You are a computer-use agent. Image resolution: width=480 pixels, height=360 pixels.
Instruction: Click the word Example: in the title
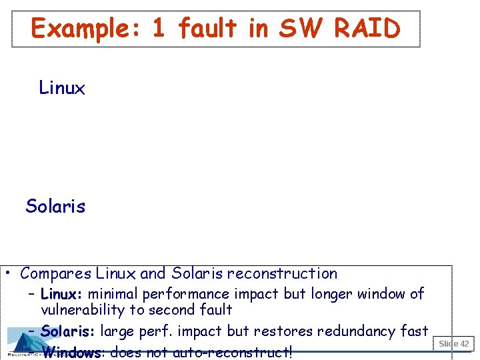(x=82, y=29)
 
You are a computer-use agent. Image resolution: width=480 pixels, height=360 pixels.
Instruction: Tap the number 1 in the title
(x=159, y=29)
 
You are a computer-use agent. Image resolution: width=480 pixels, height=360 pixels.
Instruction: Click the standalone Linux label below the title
(x=62, y=88)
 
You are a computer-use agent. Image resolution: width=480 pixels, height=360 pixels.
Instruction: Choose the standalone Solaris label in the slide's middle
(x=55, y=206)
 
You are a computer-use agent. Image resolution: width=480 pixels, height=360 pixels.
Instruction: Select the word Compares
(x=56, y=273)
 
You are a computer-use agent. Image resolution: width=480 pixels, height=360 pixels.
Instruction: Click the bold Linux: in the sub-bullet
(x=62, y=294)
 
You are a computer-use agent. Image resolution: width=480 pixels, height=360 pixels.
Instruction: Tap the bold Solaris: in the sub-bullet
(x=68, y=331)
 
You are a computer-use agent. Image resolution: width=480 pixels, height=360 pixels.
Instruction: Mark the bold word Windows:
(x=71, y=352)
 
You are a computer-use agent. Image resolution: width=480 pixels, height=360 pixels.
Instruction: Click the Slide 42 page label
(x=454, y=344)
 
